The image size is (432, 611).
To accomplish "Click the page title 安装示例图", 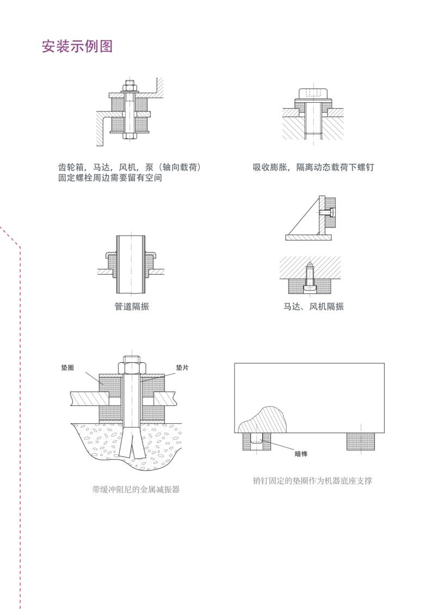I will [x=77, y=46].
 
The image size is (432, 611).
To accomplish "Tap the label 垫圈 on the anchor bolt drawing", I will [x=67, y=368].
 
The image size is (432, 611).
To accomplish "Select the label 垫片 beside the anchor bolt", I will [x=182, y=368].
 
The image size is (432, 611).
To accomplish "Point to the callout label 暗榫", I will [x=301, y=454].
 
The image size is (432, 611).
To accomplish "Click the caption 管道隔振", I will [x=131, y=306].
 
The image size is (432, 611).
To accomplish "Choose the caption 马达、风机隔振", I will [x=313, y=306].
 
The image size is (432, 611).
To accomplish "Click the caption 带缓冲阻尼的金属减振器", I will [x=135, y=490].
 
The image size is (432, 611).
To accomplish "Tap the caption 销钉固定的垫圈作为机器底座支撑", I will [x=312, y=481].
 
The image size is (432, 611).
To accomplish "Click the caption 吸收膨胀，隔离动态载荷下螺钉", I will [x=313, y=167].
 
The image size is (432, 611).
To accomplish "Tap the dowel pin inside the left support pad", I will [x=257, y=438].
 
